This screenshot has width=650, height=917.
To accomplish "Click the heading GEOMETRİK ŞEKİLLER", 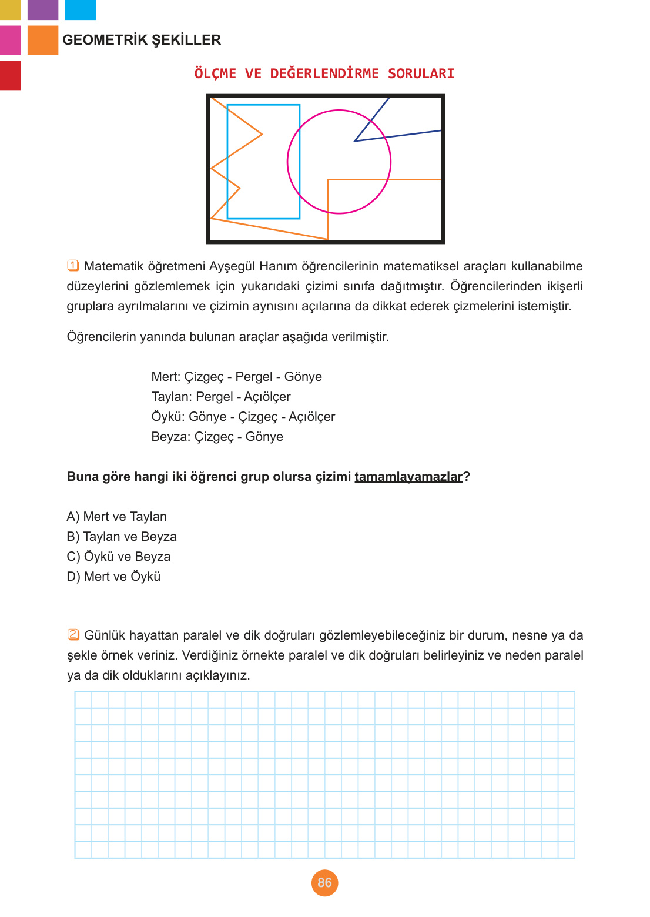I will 142,40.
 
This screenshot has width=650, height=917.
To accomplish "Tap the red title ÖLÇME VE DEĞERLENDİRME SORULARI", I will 324,73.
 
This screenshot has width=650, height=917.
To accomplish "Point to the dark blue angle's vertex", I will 355,141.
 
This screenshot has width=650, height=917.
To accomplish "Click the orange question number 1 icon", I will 73,266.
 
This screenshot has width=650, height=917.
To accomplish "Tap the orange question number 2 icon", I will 73,635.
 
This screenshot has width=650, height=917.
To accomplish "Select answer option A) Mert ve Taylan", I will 117,517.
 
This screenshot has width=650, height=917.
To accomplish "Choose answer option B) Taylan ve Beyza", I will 122,537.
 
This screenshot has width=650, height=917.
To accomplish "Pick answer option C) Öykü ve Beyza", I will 119,557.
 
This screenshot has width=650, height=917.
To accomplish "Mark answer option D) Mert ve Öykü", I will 113,577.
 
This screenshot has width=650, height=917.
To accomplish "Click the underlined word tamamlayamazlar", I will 408,477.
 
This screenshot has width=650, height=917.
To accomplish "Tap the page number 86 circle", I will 324,882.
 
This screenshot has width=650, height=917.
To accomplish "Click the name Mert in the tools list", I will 165,377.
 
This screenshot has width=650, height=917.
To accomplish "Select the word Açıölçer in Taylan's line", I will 267,397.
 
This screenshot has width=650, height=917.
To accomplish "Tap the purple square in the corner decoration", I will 43,9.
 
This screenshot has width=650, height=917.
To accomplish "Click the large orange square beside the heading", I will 43,40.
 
